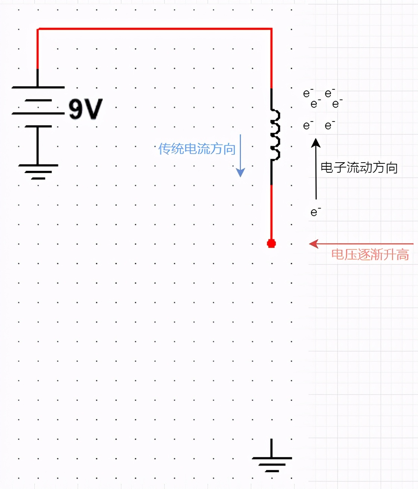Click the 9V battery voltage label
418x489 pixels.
pyautogui.click(x=85, y=109)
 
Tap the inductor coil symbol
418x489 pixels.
pyautogui.click(x=275, y=135)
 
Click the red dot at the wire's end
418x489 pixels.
pyautogui.click(x=271, y=244)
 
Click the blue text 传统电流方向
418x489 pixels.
pyautogui.click(x=197, y=149)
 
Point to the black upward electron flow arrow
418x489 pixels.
pyautogui.click(x=316, y=168)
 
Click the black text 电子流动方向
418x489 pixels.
pyautogui.click(x=359, y=167)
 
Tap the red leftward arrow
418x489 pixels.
pyautogui.click(x=361, y=244)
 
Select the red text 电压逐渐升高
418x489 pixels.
pyautogui.click(x=370, y=255)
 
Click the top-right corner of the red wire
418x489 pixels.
pyautogui.click(x=271, y=29)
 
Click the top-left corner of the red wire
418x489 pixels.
pyautogui.click(x=38, y=29)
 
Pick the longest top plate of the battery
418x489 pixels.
pyautogui.click(x=38, y=87)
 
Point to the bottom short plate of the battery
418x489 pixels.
pyautogui.click(x=38, y=126)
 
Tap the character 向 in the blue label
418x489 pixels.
pyautogui.click(x=229, y=149)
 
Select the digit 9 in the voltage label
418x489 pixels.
pyautogui.click(x=76, y=109)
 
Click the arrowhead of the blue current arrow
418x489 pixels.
pyautogui.click(x=241, y=172)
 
